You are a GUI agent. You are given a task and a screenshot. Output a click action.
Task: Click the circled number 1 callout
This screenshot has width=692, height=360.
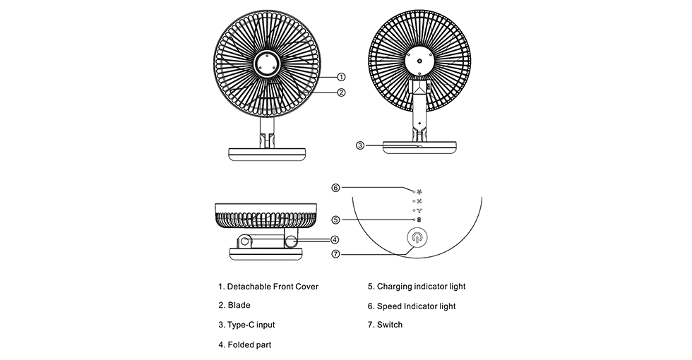click(x=341, y=76)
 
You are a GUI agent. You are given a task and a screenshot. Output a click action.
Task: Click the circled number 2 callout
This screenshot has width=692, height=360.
click(x=341, y=92)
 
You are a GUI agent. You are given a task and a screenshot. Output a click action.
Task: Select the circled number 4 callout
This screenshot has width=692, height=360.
click(x=335, y=239)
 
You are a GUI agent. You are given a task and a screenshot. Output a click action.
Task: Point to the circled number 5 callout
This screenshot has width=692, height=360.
click(x=336, y=220)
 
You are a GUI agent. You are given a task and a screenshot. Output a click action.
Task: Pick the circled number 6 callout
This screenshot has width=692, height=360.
click(x=336, y=188)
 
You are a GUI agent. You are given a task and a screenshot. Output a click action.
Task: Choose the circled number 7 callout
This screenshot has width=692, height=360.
click(x=336, y=253)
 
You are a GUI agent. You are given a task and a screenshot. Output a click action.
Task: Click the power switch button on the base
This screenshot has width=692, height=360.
click(x=417, y=239)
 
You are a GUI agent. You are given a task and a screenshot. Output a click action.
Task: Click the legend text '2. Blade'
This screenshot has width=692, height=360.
click(x=234, y=306)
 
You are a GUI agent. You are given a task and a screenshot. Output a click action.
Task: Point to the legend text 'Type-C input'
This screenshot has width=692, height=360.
click(x=246, y=325)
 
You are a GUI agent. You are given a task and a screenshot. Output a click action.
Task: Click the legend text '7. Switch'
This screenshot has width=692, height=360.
click(x=385, y=325)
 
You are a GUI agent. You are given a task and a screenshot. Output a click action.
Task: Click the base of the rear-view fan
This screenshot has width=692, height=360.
click(x=419, y=148)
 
